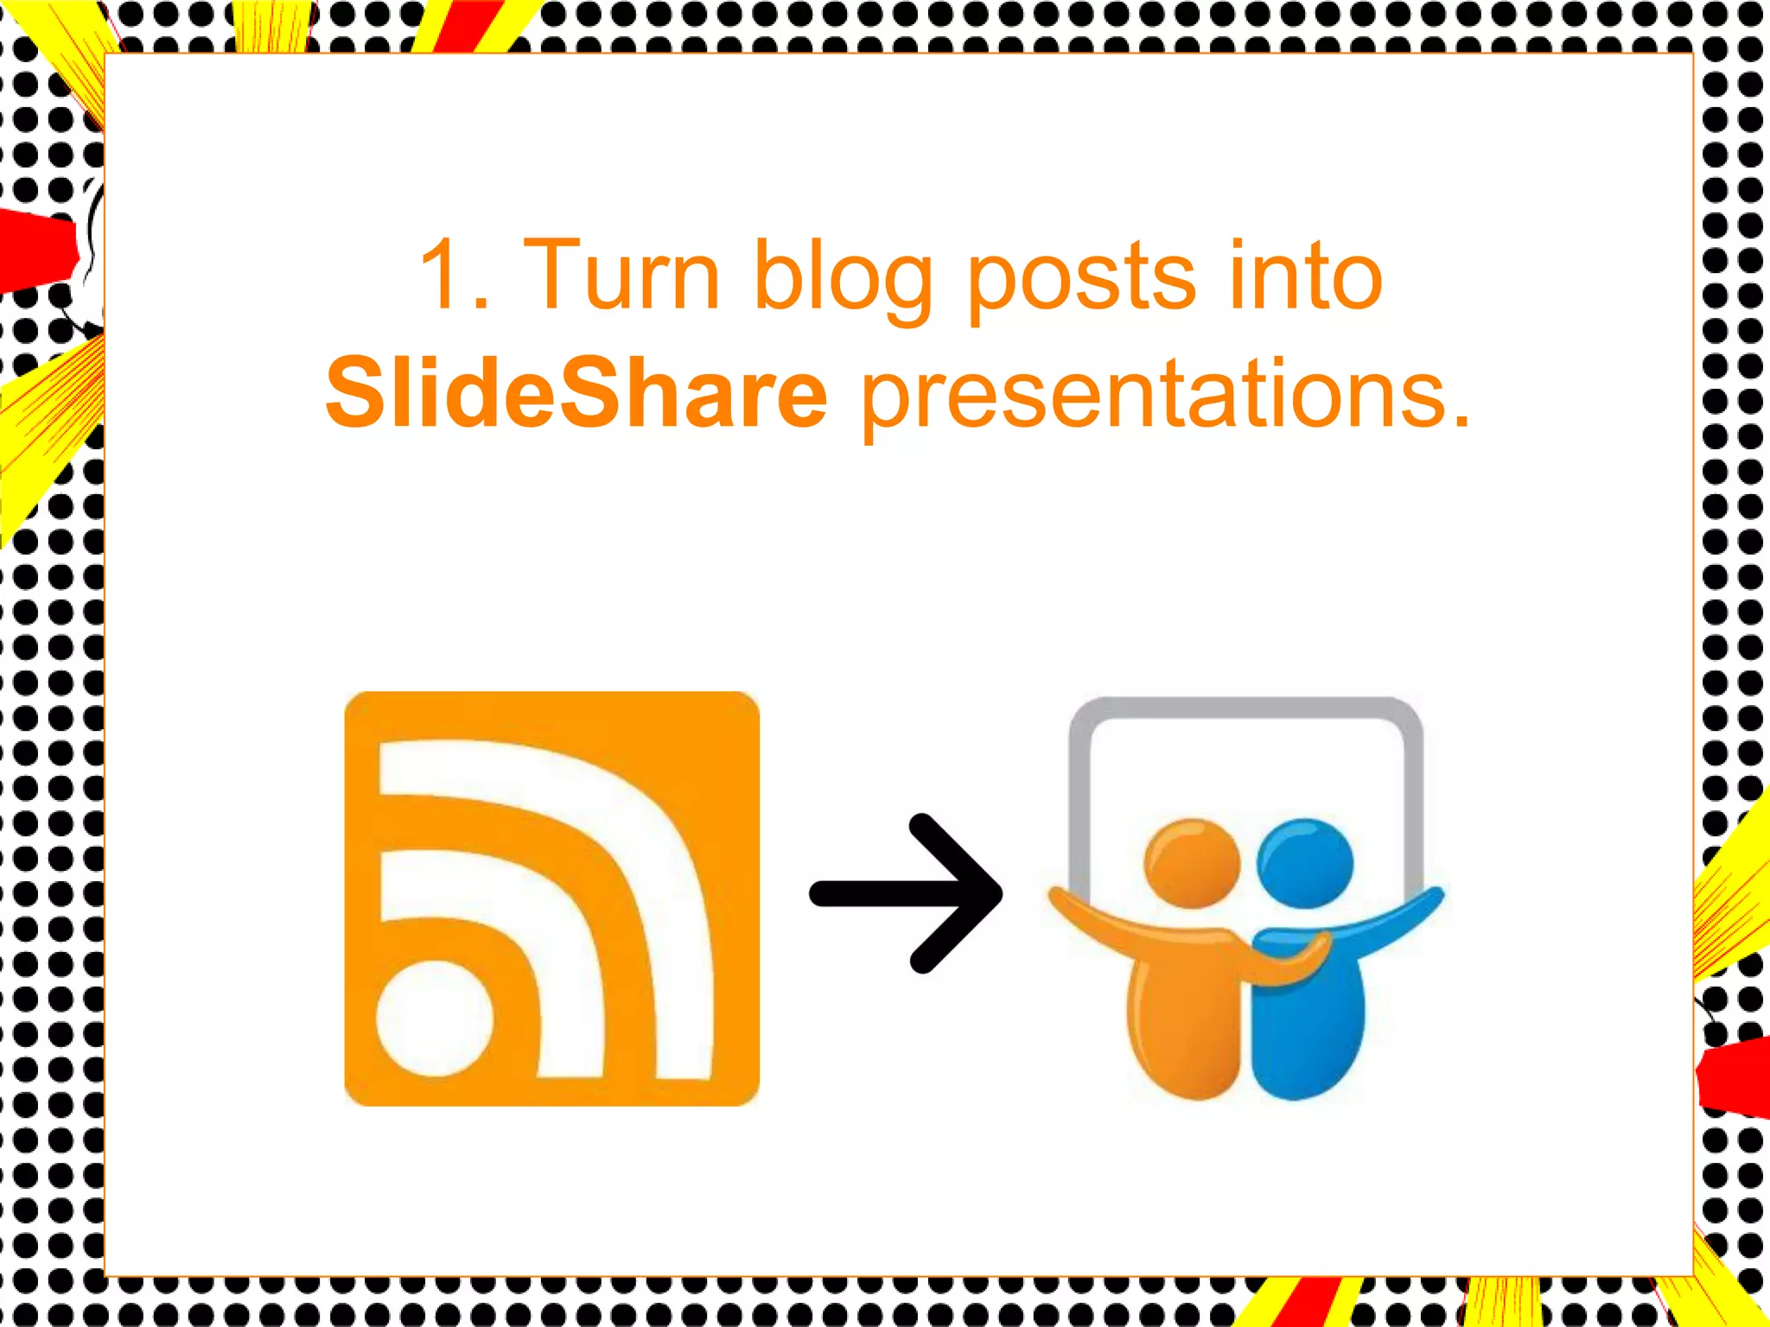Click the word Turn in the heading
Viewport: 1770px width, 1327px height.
pyautogui.click(x=621, y=275)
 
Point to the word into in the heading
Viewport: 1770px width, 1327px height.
pyautogui.click(x=1305, y=275)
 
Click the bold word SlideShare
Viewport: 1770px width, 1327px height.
pyautogui.click(x=576, y=394)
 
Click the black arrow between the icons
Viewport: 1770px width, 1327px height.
pyautogui.click(x=907, y=893)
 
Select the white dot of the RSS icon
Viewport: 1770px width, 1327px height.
pyautogui.click(x=435, y=1018)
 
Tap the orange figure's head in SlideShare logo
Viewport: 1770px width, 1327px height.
pyautogui.click(x=1191, y=862)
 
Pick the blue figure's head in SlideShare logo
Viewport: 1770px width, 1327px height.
pyautogui.click(x=1305, y=862)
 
